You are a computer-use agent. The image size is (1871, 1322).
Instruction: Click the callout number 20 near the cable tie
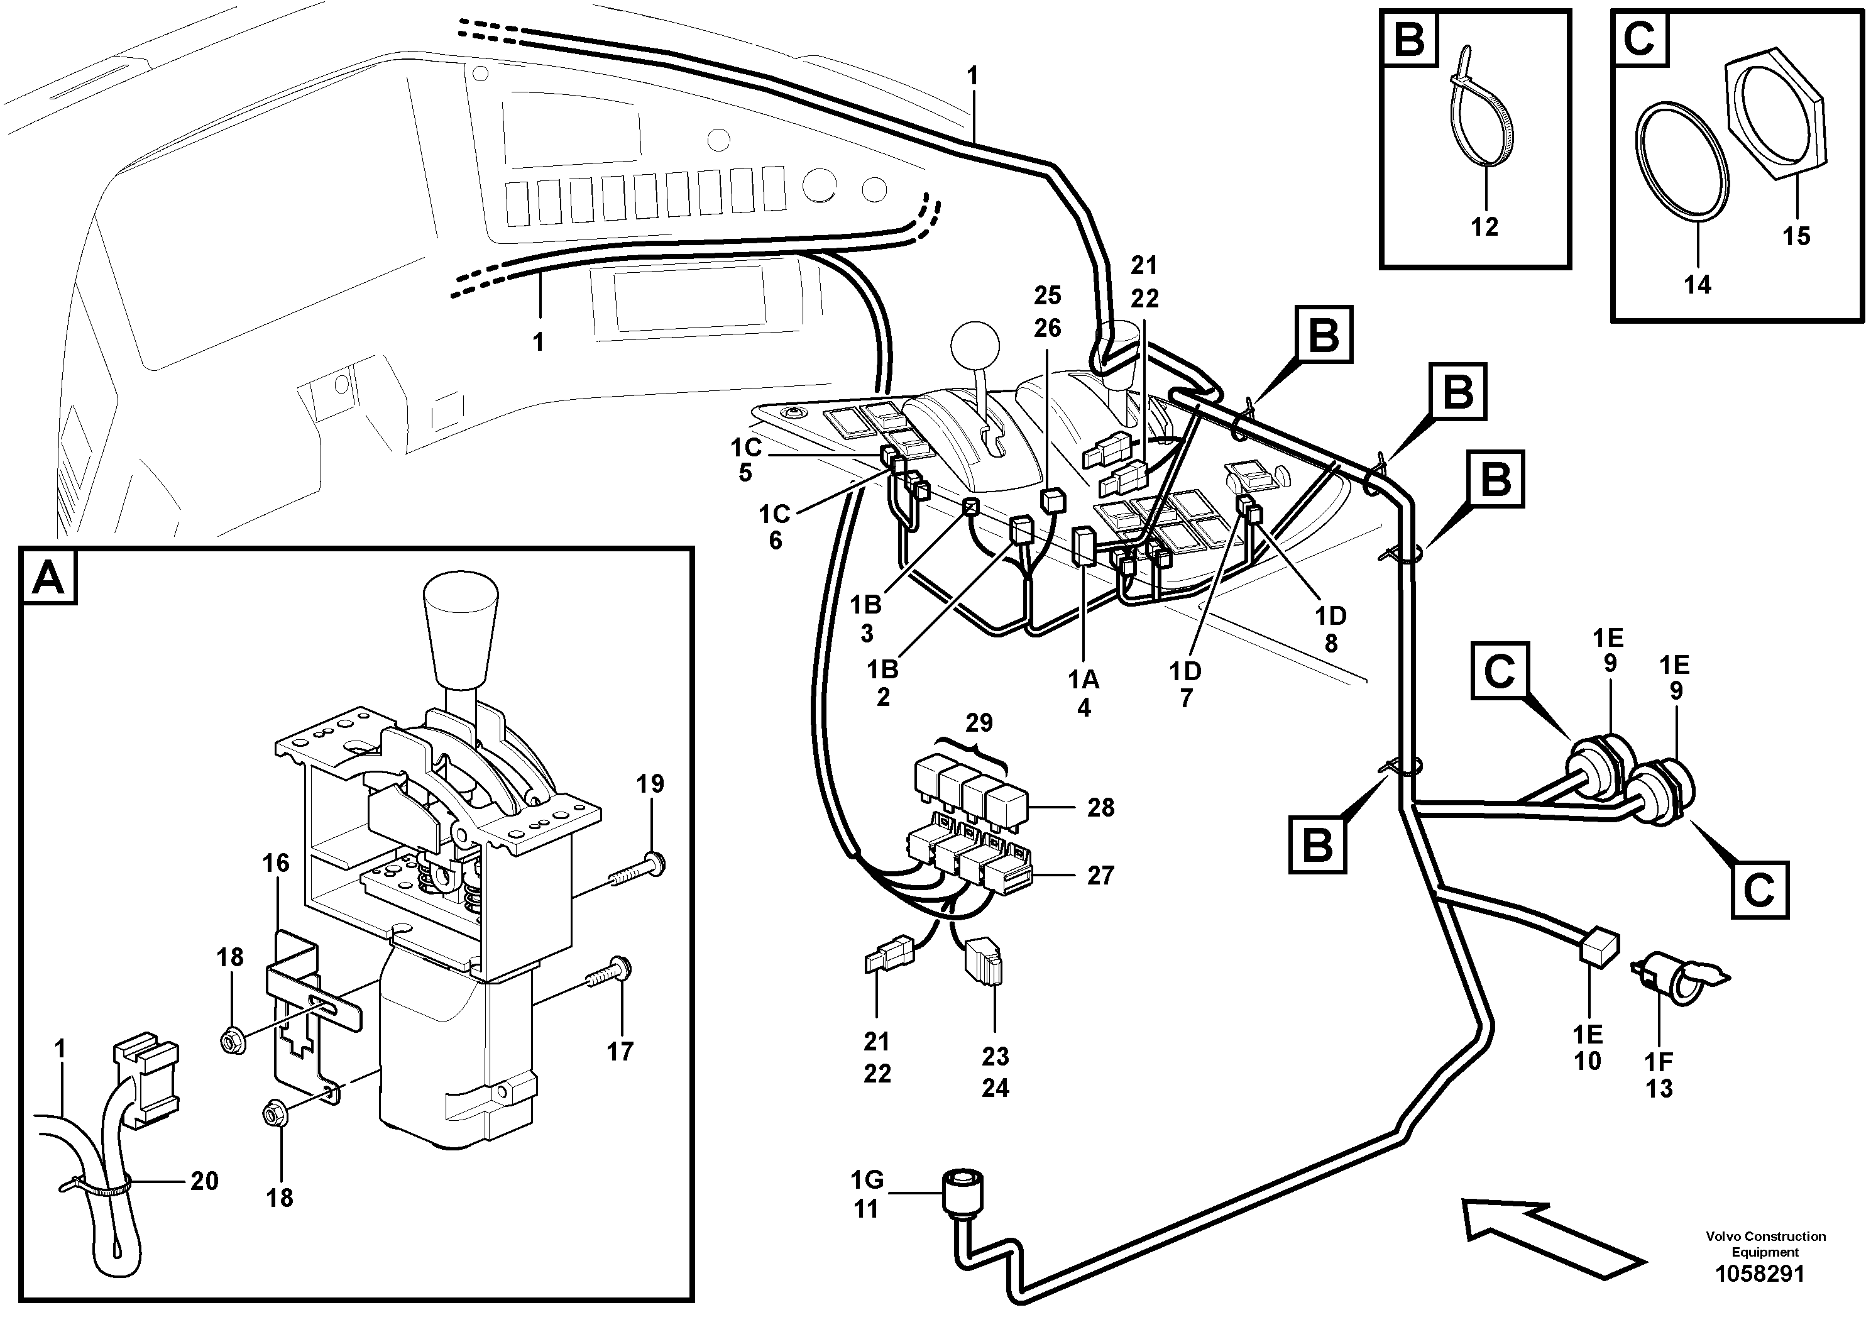coord(204,1180)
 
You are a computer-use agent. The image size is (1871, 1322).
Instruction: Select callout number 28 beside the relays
coord(1100,808)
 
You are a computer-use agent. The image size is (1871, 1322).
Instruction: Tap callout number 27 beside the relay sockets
coord(1100,875)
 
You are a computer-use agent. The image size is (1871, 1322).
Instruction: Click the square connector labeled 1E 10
coord(1598,947)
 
